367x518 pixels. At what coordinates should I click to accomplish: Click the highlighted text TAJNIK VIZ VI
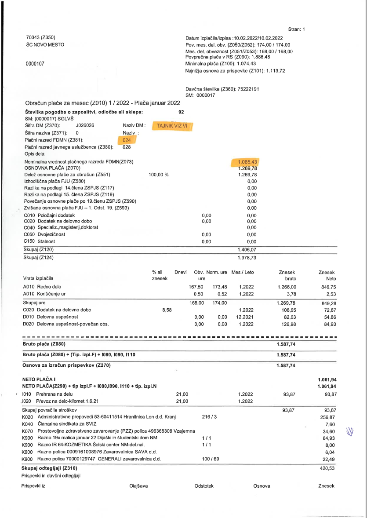(x=172, y=126)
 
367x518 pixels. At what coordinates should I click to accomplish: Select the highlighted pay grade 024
(x=127, y=140)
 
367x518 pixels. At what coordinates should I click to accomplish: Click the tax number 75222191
(x=248, y=89)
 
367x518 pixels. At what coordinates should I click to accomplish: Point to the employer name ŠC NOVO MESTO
(x=45, y=45)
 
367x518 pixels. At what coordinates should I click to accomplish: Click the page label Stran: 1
(x=297, y=29)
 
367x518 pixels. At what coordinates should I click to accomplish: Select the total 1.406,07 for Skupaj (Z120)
(x=247, y=249)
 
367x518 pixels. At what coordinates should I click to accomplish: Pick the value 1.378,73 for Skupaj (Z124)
(x=247, y=258)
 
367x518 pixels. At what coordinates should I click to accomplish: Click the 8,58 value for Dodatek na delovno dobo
(x=167, y=310)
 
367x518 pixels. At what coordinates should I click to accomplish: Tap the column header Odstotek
(x=204, y=486)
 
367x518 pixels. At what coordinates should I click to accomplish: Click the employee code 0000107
(x=36, y=64)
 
